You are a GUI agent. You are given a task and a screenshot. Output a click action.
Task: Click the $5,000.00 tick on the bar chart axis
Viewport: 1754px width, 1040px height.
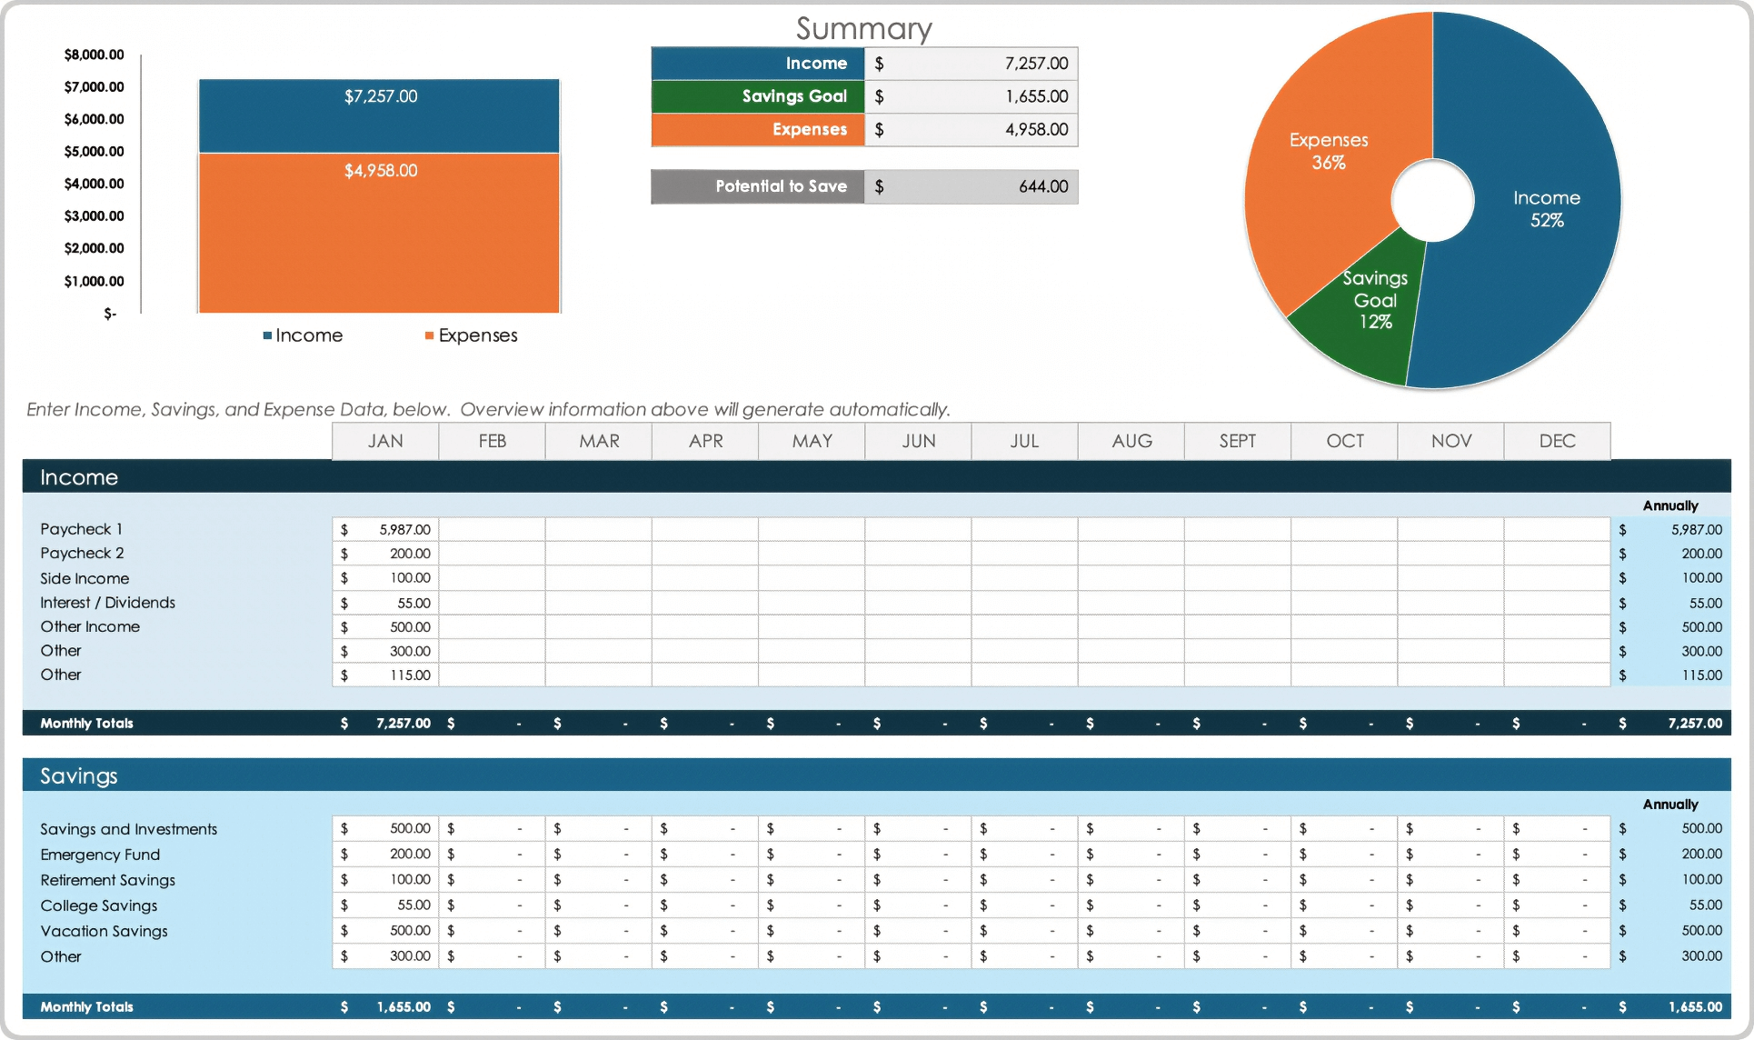pos(94,151)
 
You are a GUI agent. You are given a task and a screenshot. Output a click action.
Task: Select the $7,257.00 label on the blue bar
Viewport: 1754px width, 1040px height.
pos(381,96)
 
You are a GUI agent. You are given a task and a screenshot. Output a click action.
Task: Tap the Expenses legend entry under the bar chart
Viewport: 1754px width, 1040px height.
pos(477,335)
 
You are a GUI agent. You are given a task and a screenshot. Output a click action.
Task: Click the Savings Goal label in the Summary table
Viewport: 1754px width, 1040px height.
pos(793,96)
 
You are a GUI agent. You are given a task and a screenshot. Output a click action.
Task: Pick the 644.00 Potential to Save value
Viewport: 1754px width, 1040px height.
pos(1042,186)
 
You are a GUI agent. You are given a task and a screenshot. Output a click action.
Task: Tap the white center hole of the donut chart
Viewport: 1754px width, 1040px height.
pos(1432,200)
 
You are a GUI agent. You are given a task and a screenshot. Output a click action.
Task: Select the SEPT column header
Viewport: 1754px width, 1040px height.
pos(1237,441)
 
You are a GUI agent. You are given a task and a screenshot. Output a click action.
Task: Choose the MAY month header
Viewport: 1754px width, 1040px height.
pos(812,441)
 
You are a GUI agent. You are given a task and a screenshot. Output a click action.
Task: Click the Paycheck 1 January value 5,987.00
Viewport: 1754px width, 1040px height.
pos(404,529)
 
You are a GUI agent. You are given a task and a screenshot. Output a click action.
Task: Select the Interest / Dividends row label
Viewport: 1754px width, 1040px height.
pos(107,603)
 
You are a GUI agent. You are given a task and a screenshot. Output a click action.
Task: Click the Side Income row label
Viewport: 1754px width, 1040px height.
pos(85,578)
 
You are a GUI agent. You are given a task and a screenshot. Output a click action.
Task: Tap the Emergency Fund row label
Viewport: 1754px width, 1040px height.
pos(100,855)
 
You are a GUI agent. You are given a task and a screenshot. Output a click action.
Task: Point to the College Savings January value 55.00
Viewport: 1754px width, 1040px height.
pos(414,905)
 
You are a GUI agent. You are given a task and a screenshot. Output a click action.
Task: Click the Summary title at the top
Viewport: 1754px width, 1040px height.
pos(863,28)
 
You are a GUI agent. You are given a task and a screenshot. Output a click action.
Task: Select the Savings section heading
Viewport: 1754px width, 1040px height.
pos(79,775)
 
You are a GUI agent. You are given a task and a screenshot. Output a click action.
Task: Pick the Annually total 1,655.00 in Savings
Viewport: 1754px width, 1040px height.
pos(1694,1006)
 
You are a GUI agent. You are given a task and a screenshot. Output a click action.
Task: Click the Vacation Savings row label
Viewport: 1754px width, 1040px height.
pos(104,931)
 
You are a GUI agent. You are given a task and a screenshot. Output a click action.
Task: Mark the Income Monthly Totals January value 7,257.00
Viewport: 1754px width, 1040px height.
pos(403,723)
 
